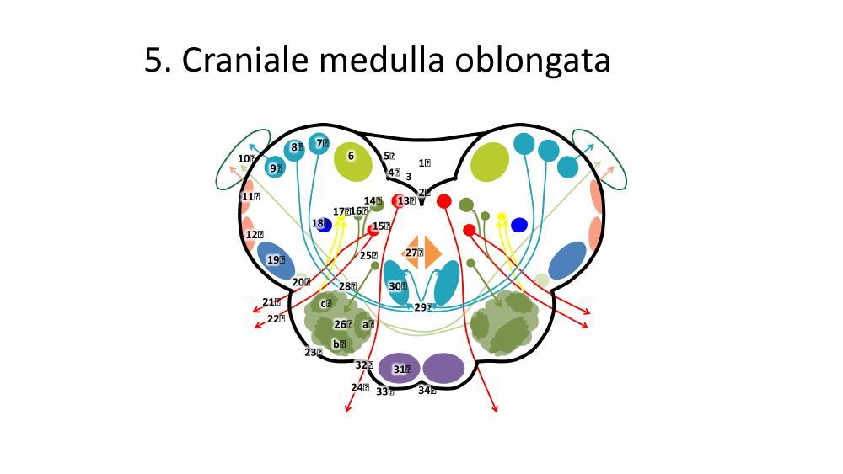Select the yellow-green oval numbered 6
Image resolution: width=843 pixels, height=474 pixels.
tap(352, 161)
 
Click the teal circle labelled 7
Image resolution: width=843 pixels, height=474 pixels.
tap(319, 145)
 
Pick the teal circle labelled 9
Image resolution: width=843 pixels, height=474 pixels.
tap(275, 168)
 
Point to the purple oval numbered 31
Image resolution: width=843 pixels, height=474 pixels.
tap(399, 368)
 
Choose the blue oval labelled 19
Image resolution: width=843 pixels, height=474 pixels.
tap(275, 261)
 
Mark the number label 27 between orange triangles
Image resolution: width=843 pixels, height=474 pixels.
tap(413, 253)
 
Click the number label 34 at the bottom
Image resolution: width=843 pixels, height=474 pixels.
tap(427, 390)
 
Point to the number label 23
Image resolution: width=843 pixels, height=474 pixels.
tap(313, 352)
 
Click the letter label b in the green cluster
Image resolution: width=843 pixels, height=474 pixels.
tap(339, 344)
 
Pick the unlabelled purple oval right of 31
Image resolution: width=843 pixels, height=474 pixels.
tap(443, 368)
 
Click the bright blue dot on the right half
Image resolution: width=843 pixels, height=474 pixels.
tap(519, 225)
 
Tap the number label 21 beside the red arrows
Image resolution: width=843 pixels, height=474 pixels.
tap(270, 301)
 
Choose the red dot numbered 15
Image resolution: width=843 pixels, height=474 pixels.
tap(374, 227)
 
